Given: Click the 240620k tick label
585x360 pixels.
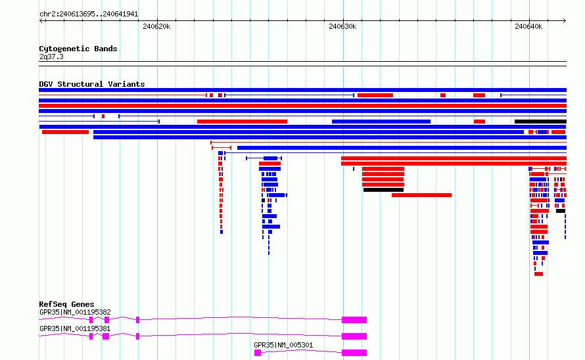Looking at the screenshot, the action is [156, 26].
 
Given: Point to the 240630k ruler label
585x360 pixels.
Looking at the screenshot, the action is [342, 26].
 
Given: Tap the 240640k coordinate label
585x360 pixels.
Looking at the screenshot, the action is [528, 26].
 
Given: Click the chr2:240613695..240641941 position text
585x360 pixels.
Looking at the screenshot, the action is [89, 14].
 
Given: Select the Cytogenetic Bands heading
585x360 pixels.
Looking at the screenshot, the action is [78, 49].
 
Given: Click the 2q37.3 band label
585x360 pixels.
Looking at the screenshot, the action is [51, 56].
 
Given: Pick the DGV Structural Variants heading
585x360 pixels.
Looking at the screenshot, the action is [92, 84].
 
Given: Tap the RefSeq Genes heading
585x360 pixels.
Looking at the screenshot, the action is [66, 304].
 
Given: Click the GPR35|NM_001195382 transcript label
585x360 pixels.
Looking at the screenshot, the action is [75, 312].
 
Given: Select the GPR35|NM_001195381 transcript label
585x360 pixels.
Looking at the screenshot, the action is [75, 328].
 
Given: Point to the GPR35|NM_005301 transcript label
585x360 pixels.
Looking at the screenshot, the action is [283, 345].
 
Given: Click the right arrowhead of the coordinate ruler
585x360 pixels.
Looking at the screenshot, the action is [565, 21].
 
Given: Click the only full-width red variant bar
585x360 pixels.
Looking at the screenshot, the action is [302, 106].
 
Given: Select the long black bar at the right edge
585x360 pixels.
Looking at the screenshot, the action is [540, 122].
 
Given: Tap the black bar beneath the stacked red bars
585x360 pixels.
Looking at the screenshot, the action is [383, 190].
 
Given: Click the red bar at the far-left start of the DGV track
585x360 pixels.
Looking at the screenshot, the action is [65, 132].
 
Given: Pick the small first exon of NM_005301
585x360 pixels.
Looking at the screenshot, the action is [258, 353].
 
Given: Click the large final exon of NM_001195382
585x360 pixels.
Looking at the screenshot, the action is [354, 320].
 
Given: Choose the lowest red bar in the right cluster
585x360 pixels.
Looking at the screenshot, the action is [538, 274].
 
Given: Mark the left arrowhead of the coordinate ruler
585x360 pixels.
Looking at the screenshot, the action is [41, 21].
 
